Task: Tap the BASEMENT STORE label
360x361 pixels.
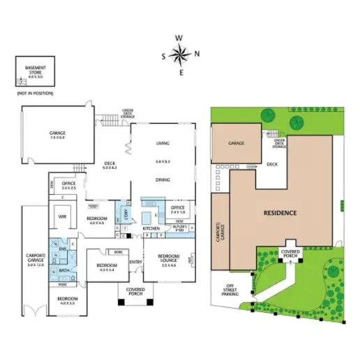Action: point(35,70)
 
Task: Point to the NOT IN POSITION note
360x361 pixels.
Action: point(35,93)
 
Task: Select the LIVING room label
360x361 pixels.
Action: point(163,143)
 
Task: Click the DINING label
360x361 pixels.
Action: point(163,179)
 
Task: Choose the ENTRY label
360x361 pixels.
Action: point(135,263)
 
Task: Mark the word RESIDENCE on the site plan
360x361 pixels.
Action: point(280,212)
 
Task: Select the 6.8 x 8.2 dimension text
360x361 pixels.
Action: point(163,161)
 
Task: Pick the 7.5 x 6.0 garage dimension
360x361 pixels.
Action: point(57,138)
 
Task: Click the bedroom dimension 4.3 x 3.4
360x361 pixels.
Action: point(107,270)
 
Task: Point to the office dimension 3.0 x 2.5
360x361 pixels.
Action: point(68,189)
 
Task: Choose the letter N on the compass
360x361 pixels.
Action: point(197,53)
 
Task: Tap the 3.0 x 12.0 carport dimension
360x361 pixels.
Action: point(36,265)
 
